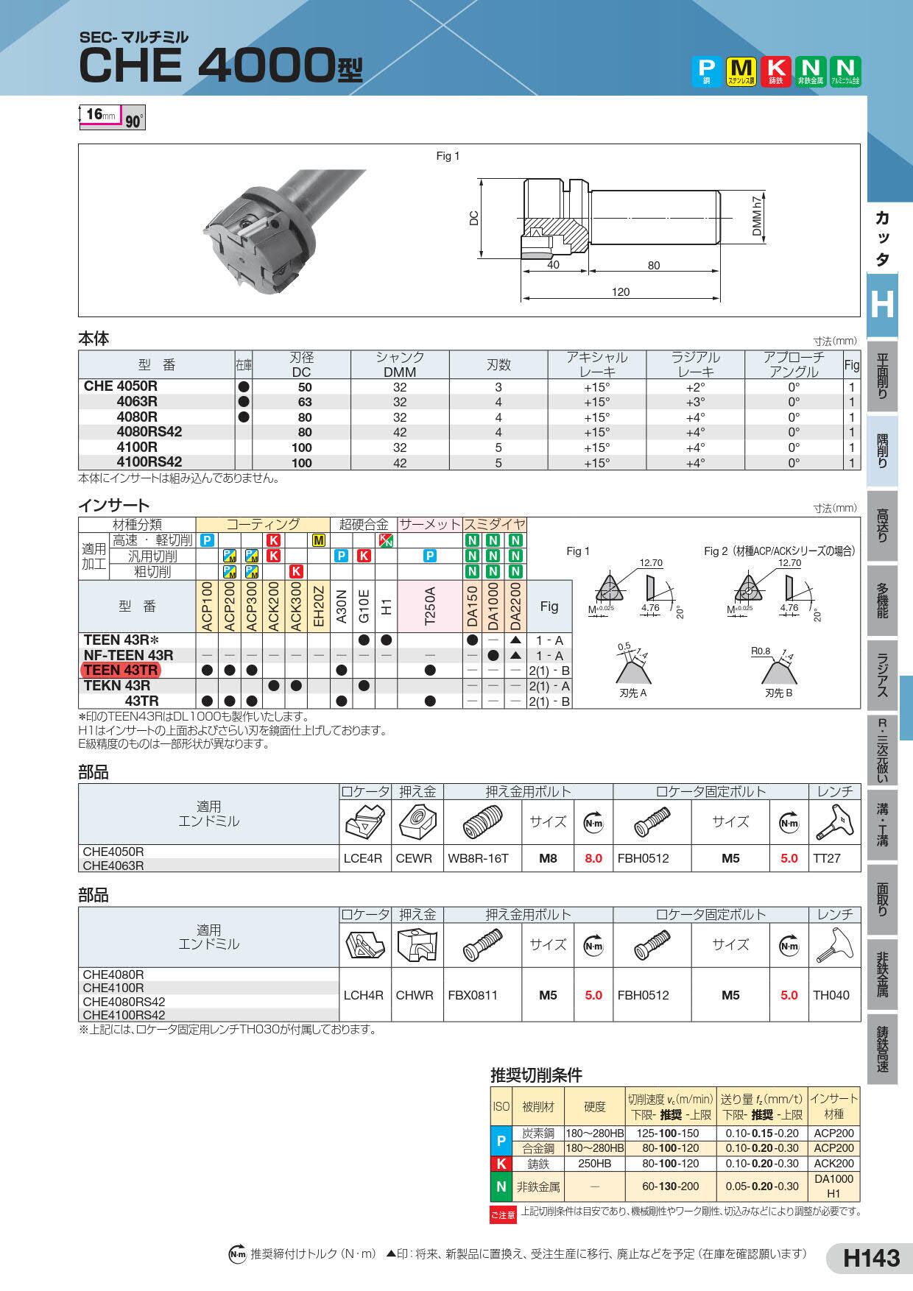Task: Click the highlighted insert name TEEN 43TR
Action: click(120, 671)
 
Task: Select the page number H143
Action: click(872, 1257)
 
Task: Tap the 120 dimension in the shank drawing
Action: click(621, 291)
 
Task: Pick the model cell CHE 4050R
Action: click(121, 386)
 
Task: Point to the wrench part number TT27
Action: click(827, 858)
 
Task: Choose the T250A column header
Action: click(430, 606)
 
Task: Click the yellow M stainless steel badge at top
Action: click(742, 72)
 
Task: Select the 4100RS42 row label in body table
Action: click(149, 462)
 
